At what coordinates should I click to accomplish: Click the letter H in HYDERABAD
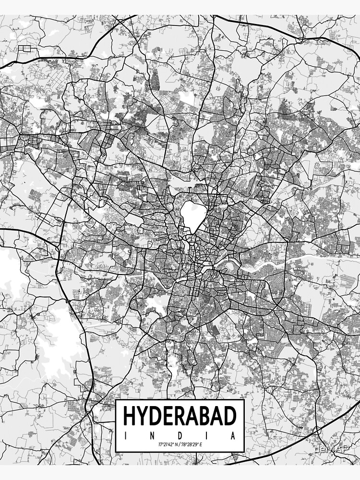(130, 416)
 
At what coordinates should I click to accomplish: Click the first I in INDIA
(125, 436)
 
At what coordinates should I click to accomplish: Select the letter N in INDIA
(152, 436)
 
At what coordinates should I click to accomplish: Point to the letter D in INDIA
(180, 436)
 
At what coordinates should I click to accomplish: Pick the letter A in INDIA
(234, 436)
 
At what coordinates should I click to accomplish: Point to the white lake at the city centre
(190, 216)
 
